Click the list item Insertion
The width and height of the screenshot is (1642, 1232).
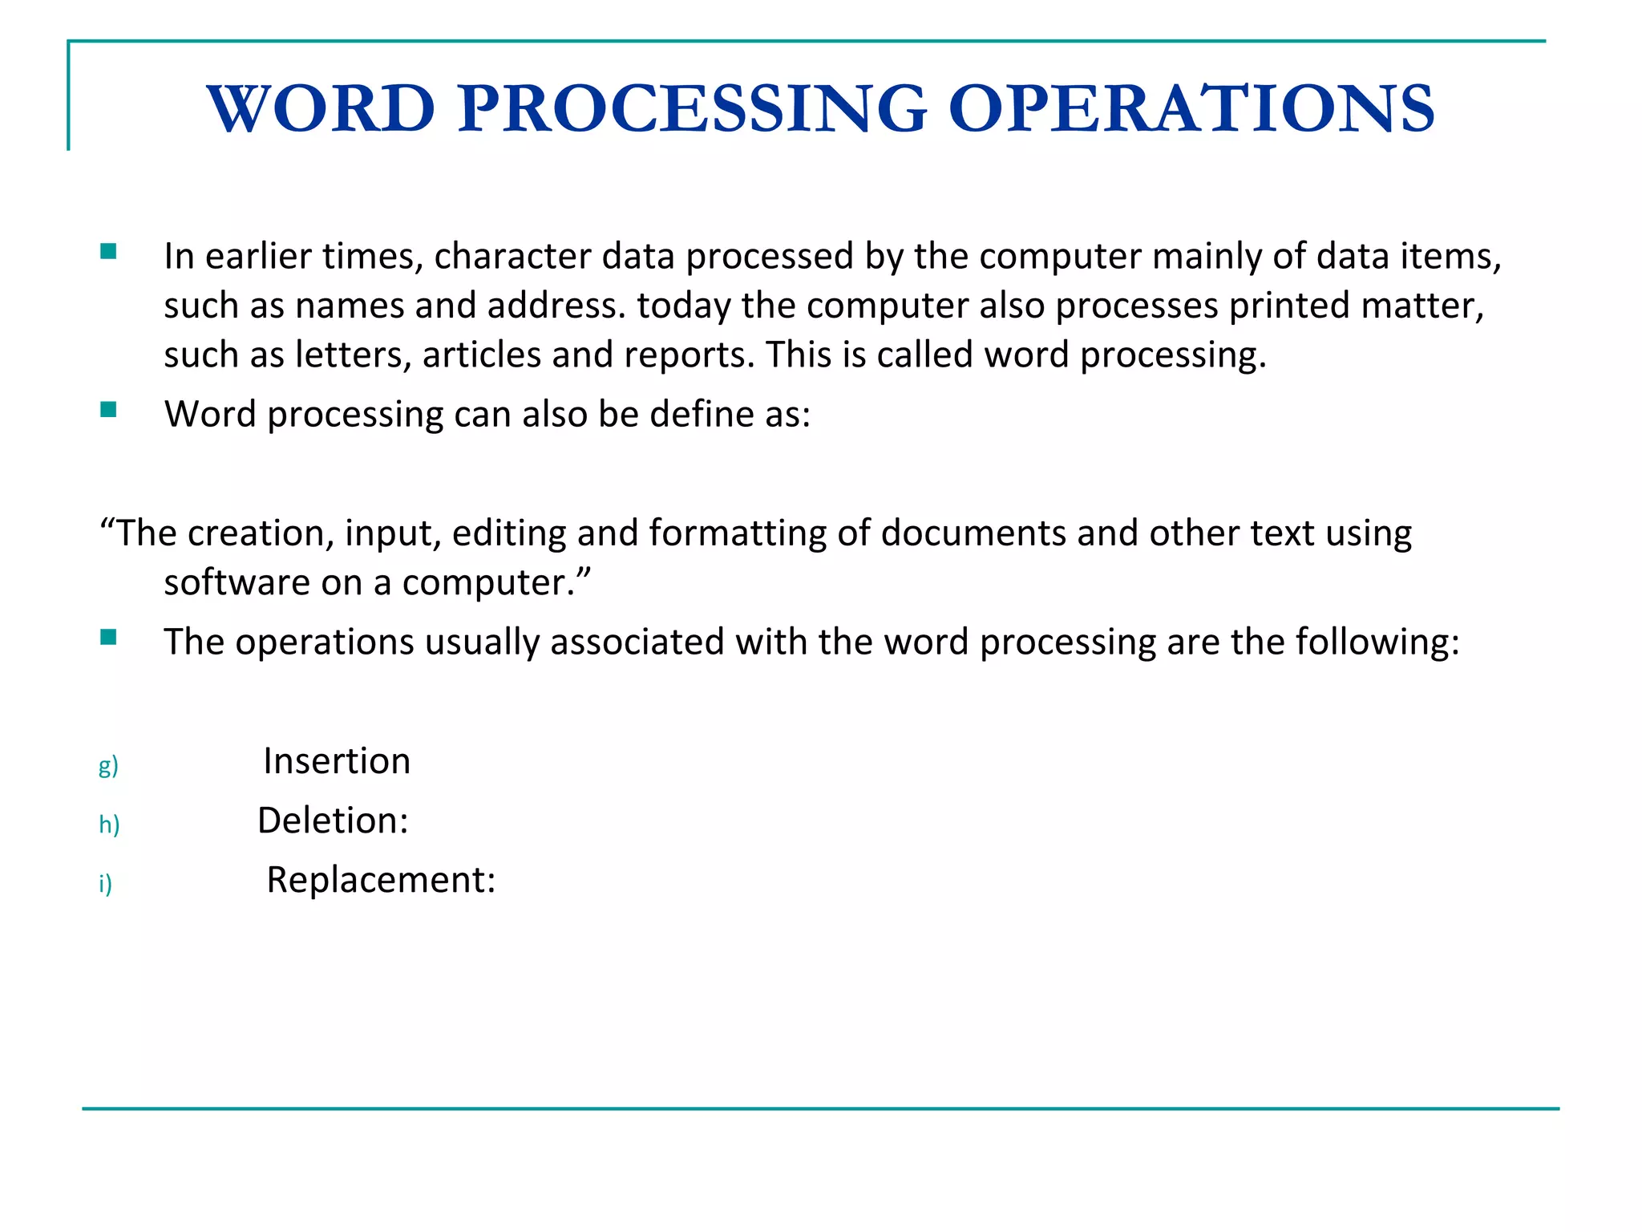(337, 761)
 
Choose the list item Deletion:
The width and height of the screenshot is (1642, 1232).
(333, 821)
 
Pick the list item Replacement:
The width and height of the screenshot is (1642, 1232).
(381, 880)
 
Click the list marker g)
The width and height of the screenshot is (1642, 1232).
(108, 766)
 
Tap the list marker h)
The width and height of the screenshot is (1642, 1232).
(109, 825)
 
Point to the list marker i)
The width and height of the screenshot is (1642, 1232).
(105, 884)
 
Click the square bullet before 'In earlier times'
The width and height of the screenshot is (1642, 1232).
(109, 253)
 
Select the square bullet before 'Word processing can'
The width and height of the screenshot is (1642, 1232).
(109, 411)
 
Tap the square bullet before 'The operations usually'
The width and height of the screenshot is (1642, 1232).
(109, 638)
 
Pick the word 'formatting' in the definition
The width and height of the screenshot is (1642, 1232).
(738, 533)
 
